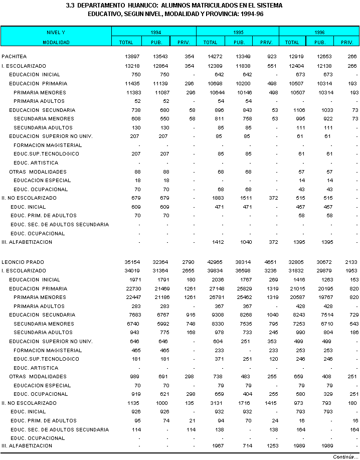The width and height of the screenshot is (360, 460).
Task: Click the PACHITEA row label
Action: pyautogui.click(x=14, y=57)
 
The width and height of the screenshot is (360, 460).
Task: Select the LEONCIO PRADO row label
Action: pyautogui.click(x=23, y=262)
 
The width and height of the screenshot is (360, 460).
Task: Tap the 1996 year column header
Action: pyautogui.click(x=319, y=32)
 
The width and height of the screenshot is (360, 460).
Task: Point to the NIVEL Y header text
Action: pyautogui.click(x=56, y=32)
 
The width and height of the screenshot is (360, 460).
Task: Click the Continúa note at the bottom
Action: pyautogui.click(x=345, y=456)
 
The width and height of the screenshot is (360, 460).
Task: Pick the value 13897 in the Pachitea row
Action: pyautogui.click(x=132, y=57)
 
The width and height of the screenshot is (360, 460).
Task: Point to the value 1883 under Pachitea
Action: pyautogui.click(x=216, y=198)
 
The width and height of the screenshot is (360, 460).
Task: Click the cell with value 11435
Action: pyautogui.click(x=132, y=84)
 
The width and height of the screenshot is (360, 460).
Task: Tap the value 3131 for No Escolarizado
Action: pyautogui.click(x=216, y=403)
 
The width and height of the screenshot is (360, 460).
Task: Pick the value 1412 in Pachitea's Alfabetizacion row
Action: pyautogui.click(x=216, y=242)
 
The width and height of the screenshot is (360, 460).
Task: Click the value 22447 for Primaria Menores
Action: pyautogui.click(x=132, y=297)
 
